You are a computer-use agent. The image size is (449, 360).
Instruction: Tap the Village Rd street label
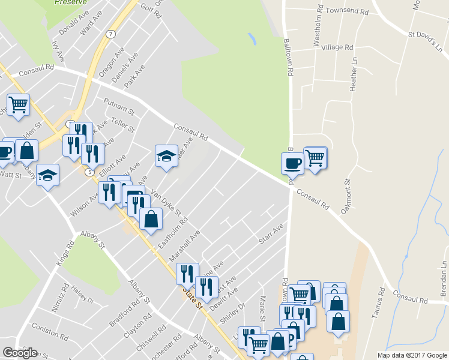[337, 47]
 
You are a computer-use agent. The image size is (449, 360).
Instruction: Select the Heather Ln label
[354, 79]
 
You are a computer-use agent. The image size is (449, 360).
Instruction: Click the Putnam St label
[118, 106]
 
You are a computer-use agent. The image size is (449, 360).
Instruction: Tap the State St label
[193, 298]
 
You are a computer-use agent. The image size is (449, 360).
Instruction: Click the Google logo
[20, 353]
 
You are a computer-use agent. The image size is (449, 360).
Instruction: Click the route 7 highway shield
[111, 34]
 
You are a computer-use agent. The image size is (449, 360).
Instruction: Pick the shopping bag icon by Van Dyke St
[151, 218]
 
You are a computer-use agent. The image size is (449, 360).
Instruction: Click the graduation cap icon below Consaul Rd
[167, 156]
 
